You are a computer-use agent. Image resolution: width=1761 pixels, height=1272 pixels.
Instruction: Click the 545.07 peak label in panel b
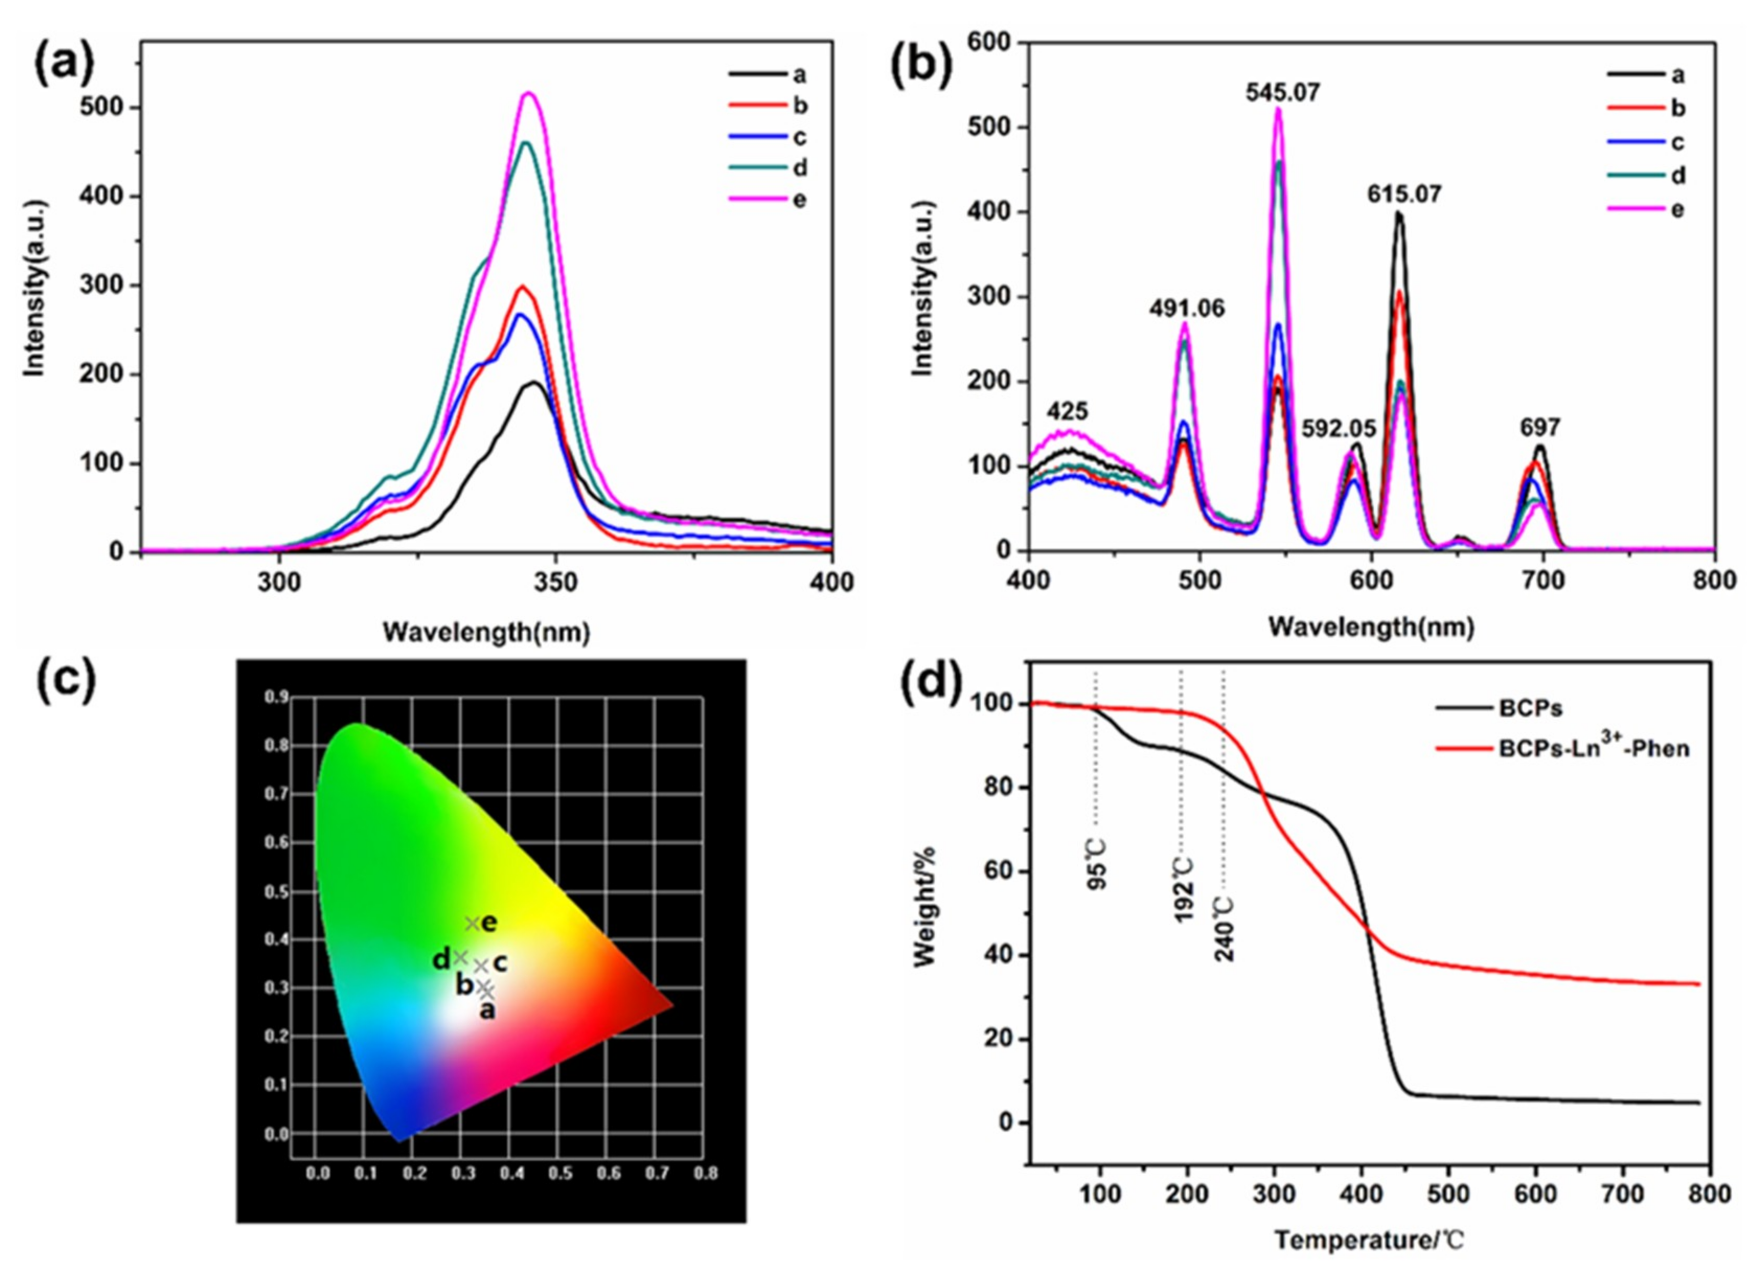point(1282,93)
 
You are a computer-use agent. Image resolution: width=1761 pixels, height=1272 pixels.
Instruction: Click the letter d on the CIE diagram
point(440,961)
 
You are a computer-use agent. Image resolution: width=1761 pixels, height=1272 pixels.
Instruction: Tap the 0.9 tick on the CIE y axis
point(277,697)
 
